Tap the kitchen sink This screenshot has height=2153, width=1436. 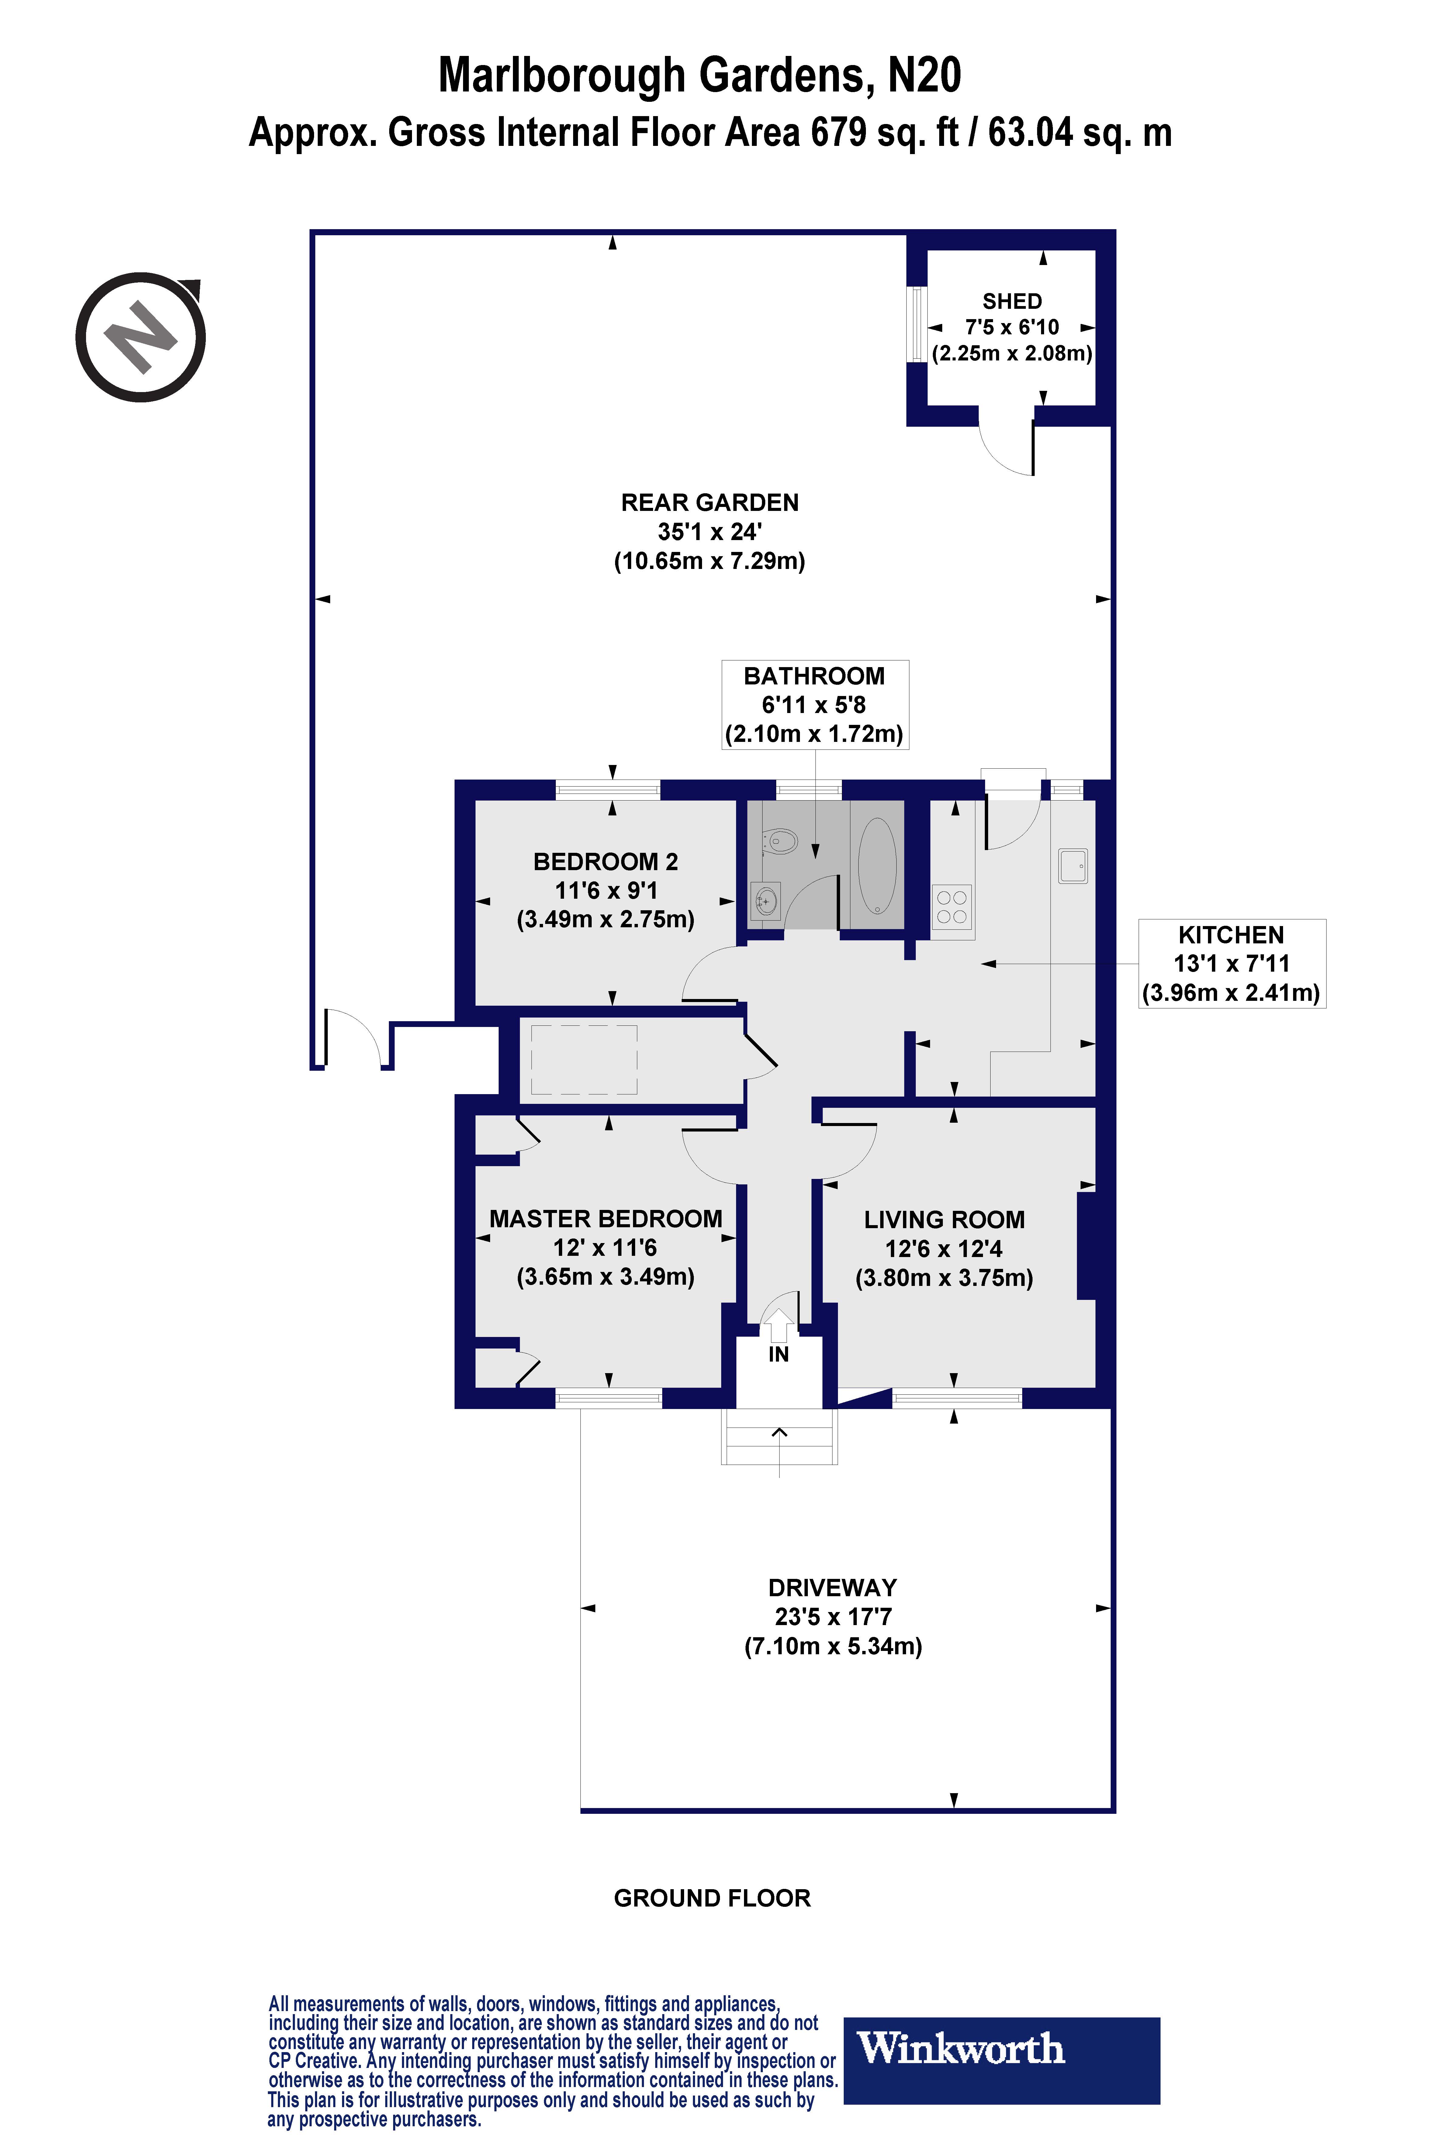pos(1072,865)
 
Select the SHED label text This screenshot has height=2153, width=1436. pos(1012,301)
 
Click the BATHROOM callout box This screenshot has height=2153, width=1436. pos(814,704)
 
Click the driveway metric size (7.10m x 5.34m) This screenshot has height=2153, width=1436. pos(832,1646)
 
